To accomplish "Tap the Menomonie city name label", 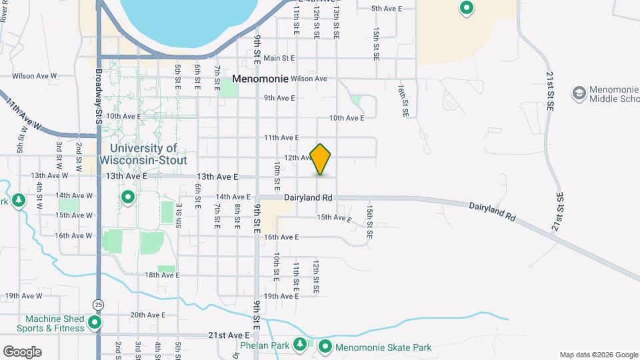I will [260, 79].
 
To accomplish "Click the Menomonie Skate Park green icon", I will [325, 347].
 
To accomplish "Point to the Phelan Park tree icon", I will [301, 343].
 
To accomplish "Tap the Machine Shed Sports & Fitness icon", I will [95, 323].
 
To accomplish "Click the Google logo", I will [22, 352].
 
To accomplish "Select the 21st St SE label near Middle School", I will [551, 86].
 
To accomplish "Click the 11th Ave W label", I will [24, 115].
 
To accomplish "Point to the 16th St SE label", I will [402, 100].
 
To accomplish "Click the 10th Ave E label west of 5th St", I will [123, 116].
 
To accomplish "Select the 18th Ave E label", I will [161, 275].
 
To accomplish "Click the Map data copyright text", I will [597, 355].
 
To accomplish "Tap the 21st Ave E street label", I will [229, 335].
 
